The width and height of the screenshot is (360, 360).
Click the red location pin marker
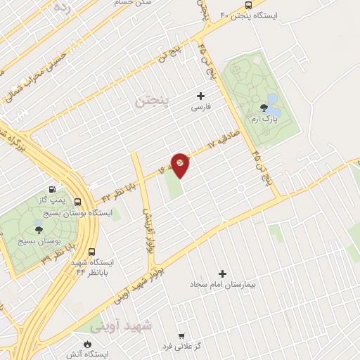181,165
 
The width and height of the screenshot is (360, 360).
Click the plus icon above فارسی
201,96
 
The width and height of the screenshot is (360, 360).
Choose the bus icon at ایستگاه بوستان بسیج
77,202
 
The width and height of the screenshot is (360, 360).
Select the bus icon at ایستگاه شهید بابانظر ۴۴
91,252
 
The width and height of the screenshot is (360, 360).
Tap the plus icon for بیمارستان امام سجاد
223,273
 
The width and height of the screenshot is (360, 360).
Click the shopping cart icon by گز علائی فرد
182,336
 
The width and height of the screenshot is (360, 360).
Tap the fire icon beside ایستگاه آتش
88,345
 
